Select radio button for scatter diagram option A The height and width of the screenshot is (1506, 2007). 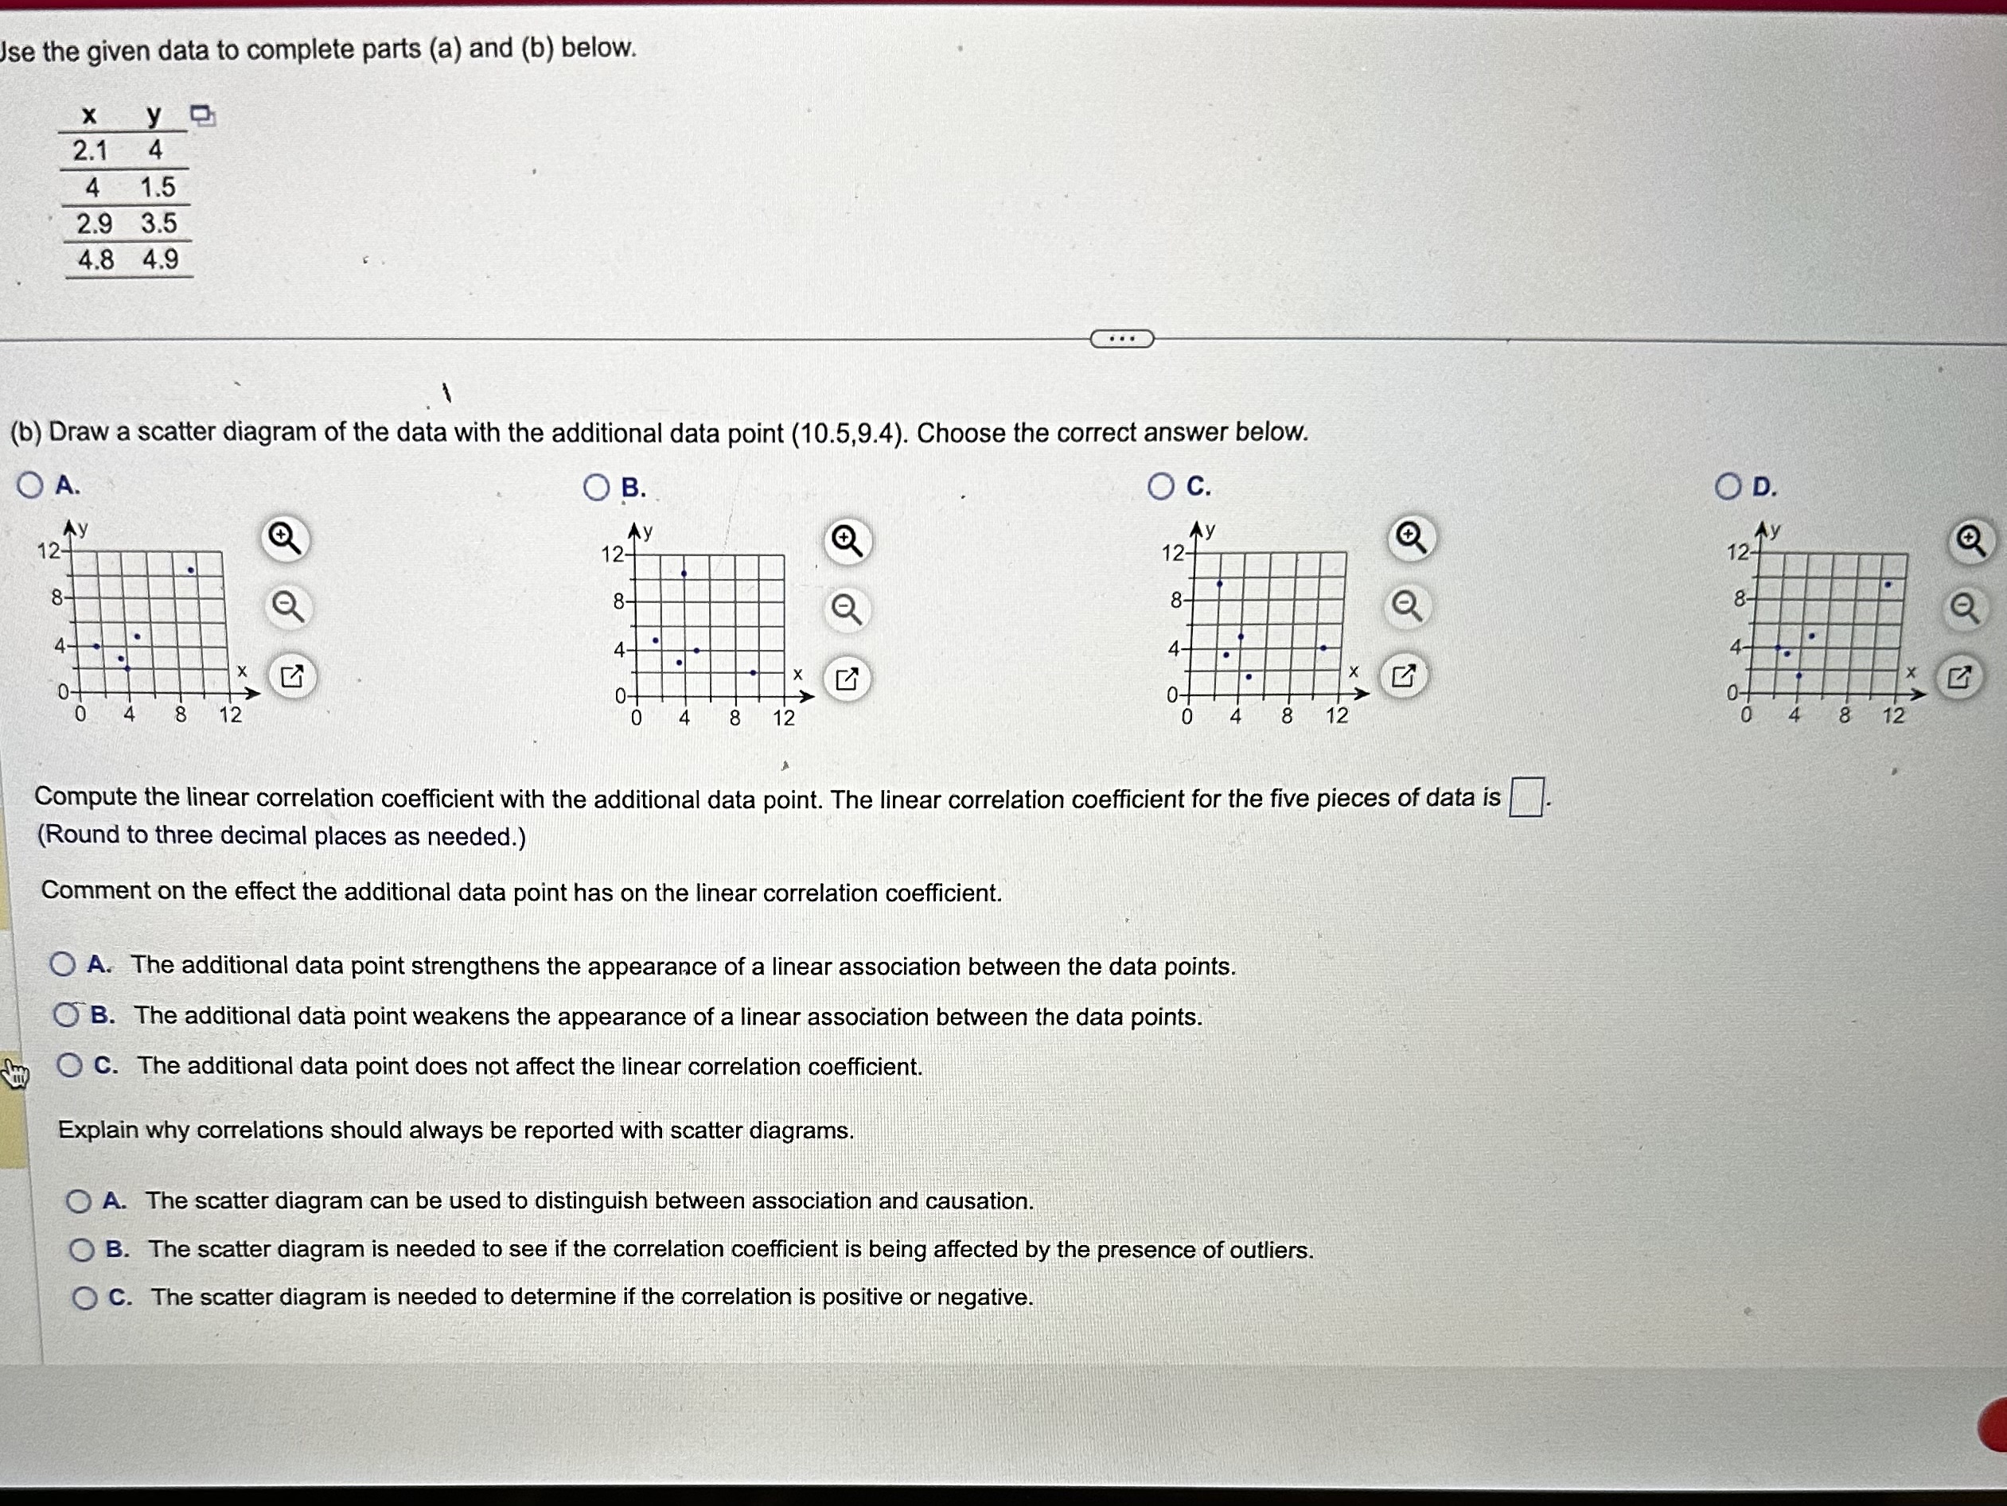click(30, 485)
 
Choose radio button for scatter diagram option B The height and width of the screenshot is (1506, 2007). click(596, 488)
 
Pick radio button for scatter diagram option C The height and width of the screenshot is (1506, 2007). click(1160, 487)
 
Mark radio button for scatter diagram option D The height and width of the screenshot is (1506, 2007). click(1728, 487)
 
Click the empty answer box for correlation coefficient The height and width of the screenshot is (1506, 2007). click(1526, 797)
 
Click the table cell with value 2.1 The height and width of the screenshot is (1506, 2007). click(90, 150)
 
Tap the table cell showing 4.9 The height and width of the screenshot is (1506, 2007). click(161, 260)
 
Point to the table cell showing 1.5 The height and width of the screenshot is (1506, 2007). click(158, 188)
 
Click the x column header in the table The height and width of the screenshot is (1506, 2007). click(89, 115)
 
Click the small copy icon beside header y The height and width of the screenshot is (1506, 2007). click(202, 115)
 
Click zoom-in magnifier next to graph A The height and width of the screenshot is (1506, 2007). click(286, 539)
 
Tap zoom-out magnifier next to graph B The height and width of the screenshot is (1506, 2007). click(847, 609)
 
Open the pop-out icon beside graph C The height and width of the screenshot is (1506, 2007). click(1403, 676)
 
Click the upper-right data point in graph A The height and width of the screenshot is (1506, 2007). click(190, 570)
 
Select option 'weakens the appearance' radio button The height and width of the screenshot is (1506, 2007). click(66, 1015)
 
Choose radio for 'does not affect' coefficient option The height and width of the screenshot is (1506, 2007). click(70, 1065)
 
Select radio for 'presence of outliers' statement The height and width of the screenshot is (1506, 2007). click(82, 1250)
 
